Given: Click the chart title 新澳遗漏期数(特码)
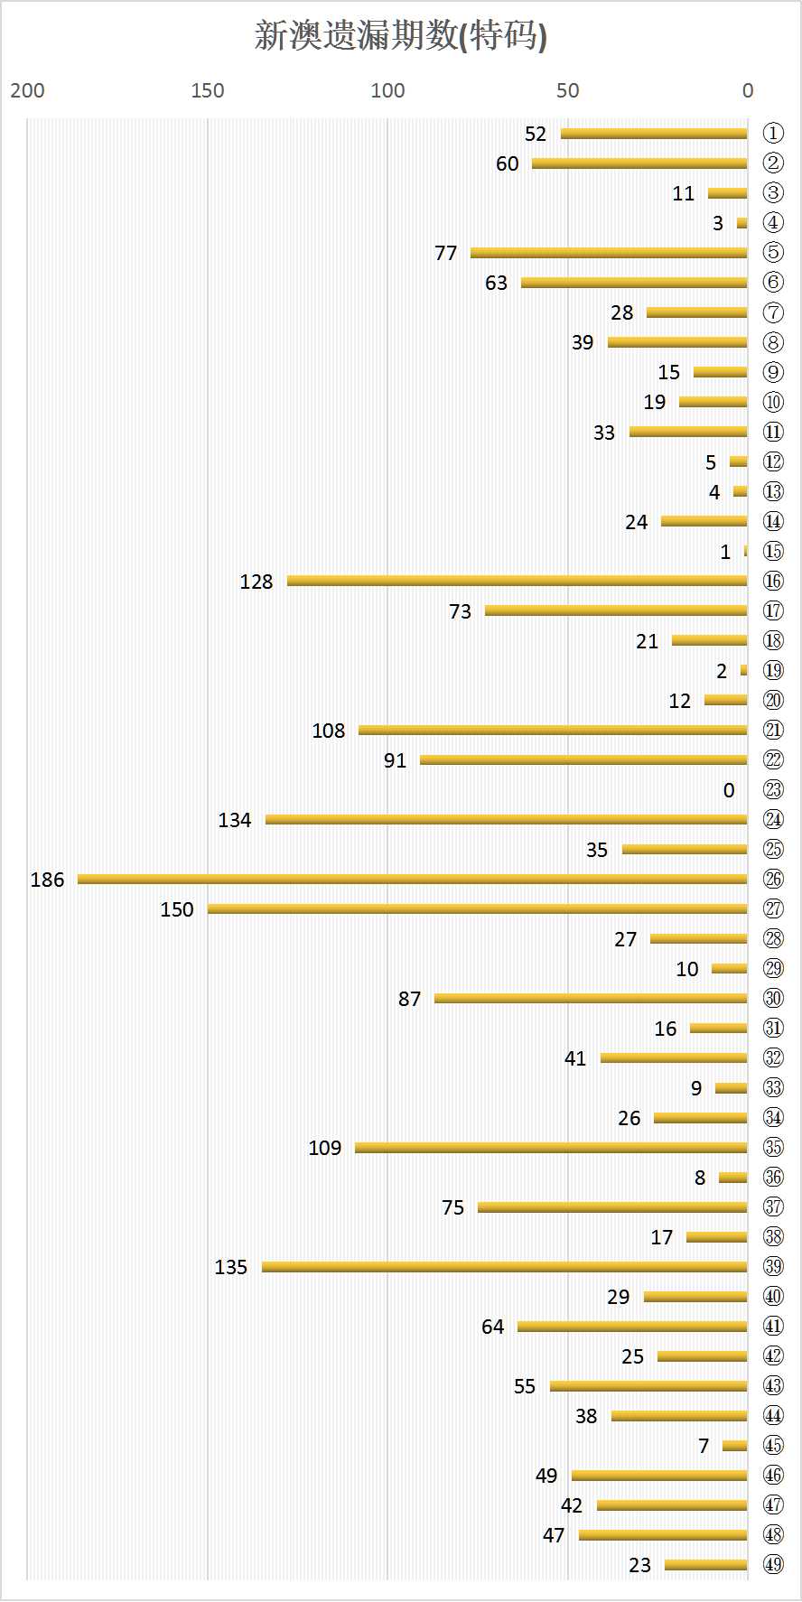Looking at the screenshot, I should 401,37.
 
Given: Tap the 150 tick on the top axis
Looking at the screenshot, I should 208,90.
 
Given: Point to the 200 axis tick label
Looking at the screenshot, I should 27,90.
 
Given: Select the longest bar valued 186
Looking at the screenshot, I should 412,879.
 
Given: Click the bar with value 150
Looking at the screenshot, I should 477,908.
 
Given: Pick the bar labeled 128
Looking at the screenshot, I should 517,581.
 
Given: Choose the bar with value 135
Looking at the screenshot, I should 504,1267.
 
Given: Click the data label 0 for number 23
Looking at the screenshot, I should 729,790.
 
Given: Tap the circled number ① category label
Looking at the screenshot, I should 773,134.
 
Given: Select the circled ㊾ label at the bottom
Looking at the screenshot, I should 773,1565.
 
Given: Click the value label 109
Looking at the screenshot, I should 325,1148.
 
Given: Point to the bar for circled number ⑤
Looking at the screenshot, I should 609,253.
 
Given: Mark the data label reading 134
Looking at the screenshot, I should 235,820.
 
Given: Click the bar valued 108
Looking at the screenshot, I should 553,730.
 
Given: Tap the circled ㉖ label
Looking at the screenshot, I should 773,879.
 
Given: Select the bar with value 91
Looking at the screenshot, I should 583,759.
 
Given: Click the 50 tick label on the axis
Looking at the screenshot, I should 568,90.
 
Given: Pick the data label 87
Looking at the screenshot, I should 409,999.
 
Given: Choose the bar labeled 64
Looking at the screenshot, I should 632,1327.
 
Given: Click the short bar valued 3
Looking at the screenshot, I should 742,223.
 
